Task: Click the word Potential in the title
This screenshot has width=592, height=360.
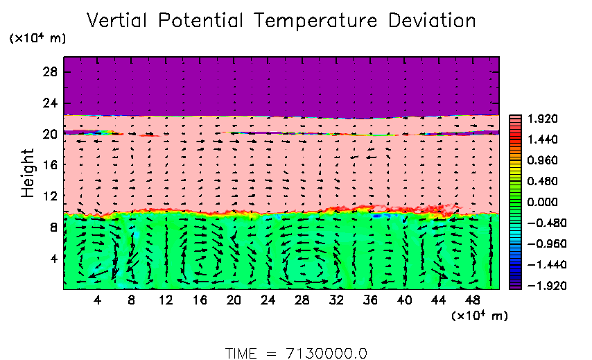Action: pyautogui.click(x=206, y=21)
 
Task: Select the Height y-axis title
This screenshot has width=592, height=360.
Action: pyautogui.click(x=28, y=172)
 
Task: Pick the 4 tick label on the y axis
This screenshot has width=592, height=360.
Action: pyautogui.click(x=53, y=258)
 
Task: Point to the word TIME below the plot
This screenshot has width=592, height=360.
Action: pyautogui.click(x=242, y=352)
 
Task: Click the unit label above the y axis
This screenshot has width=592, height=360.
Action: pyautogui.click(x=37, y=39)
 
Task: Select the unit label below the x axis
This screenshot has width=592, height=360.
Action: pyautogui.click(x=480, y=316)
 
